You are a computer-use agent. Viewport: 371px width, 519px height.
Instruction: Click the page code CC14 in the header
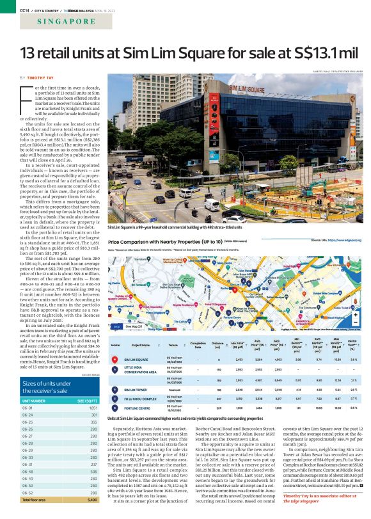[8, 9]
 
